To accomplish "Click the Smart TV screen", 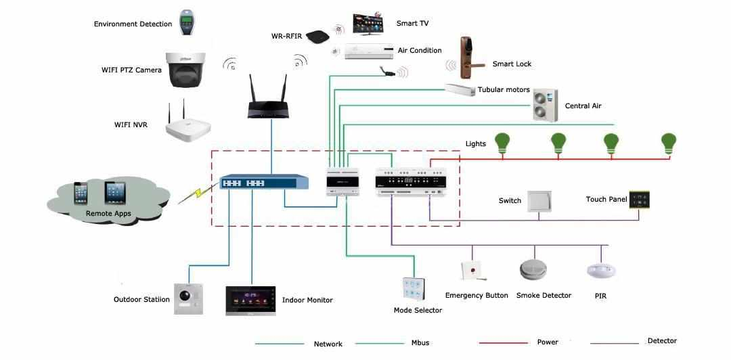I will tap(372, 24).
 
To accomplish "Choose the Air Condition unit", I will tap(369, 51).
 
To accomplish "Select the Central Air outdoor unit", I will tap(546, 105).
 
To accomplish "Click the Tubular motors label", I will tap(504, 89).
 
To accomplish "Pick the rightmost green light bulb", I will tap(669, 143).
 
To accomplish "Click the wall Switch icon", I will tap(539, 200).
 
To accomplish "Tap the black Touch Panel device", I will tap(639, 200).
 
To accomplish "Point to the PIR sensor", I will tap(601, 271).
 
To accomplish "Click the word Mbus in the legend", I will tap(420, 343).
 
